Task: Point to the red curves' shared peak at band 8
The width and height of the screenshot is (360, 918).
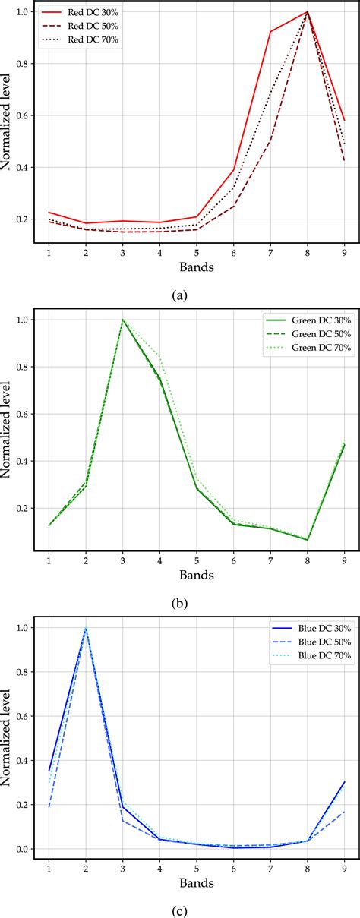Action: coord(308,12)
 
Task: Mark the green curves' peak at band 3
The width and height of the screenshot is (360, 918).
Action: coord(122,320)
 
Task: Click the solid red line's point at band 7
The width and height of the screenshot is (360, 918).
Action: coord(271,31)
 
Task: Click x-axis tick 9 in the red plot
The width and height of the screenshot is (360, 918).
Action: coord(345,251)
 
